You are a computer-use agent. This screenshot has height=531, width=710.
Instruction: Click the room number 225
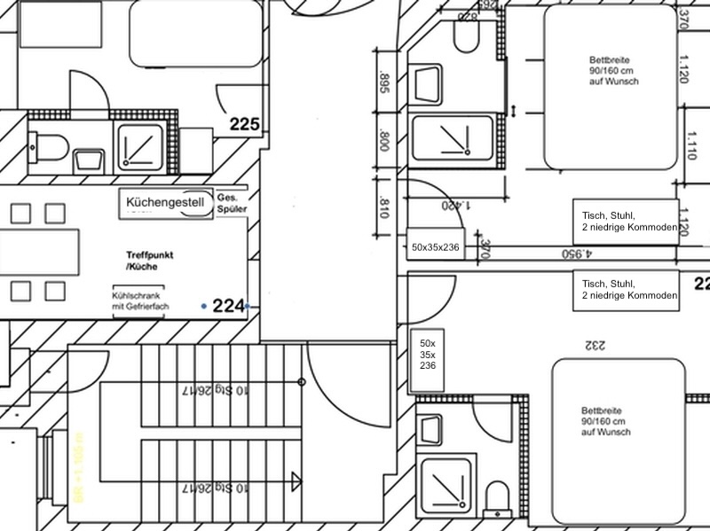click(x=244, y=124)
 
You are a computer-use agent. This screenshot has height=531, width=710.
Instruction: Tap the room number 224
click(x=228, y=306)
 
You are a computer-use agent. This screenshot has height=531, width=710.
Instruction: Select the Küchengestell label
click(x=165, y=202)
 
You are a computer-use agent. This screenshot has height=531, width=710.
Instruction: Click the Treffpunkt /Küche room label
click(x=149, y=260)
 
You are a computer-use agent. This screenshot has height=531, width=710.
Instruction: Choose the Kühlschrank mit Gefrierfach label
click(x=140, y=301)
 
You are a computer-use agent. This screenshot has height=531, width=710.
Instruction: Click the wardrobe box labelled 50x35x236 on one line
click(x=435, y=246)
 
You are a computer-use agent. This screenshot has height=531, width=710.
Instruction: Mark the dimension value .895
click(x=384, y=83)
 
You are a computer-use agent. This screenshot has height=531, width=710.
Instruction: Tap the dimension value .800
click(x=384, y=141)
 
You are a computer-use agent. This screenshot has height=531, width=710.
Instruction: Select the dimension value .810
click(x=384, y=208)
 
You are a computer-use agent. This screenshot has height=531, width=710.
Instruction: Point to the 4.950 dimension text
click(x=576, y=254)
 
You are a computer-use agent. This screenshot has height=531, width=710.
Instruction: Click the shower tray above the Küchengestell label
click(x=140, y=146)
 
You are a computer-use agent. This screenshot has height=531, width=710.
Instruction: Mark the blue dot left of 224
click(x=204, y=306)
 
